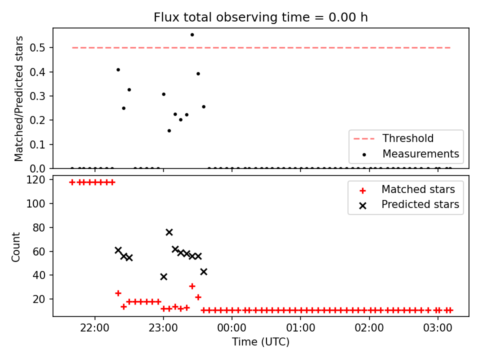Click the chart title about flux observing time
point(260,17)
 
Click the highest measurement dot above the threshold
point(192,35)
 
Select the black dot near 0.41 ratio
point(118,70)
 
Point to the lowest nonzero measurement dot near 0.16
point(169,130)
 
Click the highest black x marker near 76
point(169,232)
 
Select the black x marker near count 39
point(164,276)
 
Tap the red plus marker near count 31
point(192,286)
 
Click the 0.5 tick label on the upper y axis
point(37,48)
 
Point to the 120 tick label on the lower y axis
point(36,179)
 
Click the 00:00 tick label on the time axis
point(231,328)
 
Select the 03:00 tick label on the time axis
point(438,328)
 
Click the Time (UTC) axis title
point(260,342)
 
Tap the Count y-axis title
point(16,246)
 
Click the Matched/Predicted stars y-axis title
point(18,98)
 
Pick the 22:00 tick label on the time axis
point(94,328)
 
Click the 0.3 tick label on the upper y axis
point(37,96)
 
